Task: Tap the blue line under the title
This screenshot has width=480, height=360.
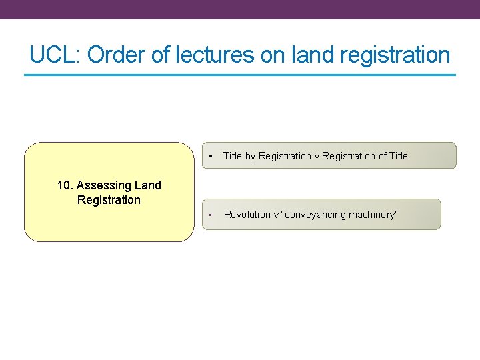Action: coord(240,75)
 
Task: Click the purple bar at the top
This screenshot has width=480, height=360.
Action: coord(240,9)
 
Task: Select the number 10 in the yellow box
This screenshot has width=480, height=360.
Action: coord(64,185)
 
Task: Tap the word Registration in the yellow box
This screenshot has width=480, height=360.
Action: coord(109,200)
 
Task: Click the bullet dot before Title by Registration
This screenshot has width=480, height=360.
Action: coord(210,156)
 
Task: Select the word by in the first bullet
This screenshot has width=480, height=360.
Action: coord(250,156)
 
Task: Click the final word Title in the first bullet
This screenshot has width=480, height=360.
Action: coord(399,156)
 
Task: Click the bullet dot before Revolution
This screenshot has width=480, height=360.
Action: coord(210,215)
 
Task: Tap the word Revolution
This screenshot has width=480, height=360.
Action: coord(247,215)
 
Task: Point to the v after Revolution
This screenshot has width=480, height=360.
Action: coord(276,215)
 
